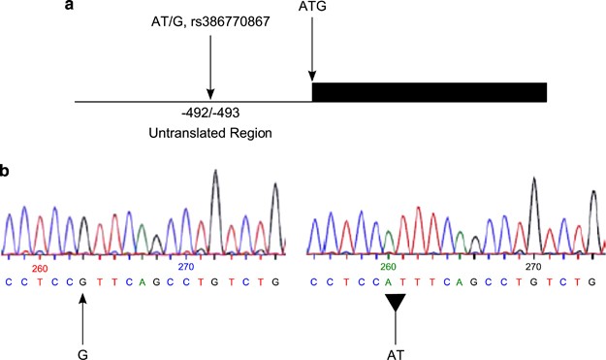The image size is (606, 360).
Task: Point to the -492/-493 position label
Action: (210, 113)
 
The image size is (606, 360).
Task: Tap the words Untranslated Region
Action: (210, 131)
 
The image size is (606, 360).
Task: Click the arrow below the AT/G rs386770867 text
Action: (210, 76)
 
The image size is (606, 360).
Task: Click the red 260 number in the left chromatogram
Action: (40, 268)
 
